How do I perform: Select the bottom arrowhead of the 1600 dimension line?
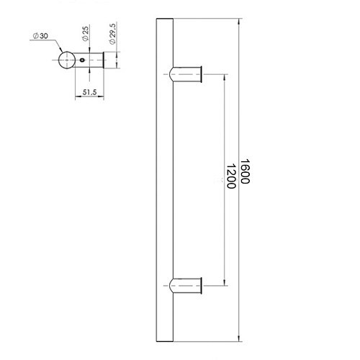point(240,336)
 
